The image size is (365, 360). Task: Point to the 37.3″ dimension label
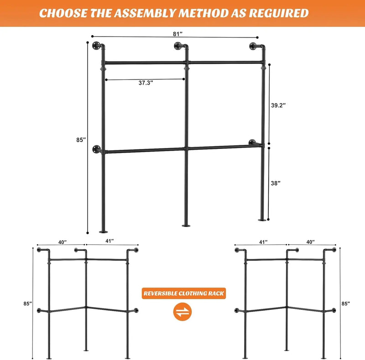146,83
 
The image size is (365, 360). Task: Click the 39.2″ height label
278,105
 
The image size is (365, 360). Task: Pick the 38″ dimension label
276,183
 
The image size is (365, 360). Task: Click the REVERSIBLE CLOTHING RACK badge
183,293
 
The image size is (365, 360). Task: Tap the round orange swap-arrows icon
183,312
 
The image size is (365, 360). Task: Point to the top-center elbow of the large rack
182,46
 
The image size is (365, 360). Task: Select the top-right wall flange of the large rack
255,46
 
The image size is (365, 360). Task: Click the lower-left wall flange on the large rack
97,149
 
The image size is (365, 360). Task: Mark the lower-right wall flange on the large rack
253,143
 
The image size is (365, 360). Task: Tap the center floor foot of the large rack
187,225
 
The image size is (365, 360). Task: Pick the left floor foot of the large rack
103,231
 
